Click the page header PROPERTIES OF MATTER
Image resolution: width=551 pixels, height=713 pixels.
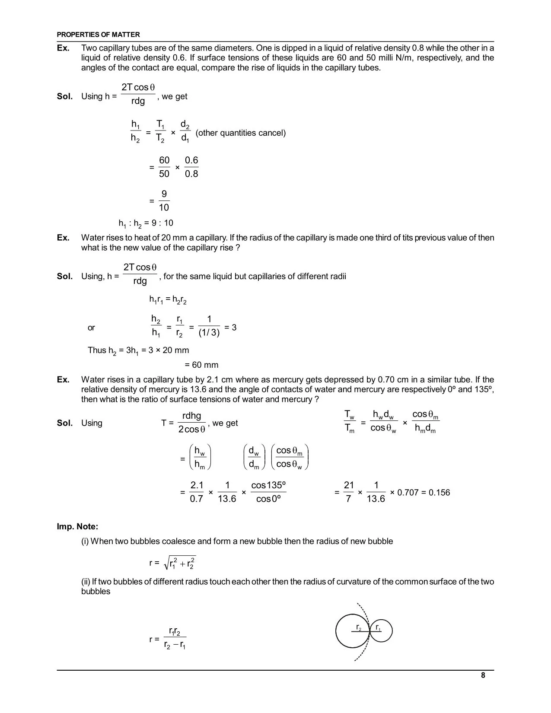click(x=98, y=35)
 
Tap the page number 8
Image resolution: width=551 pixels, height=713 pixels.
click(x=483, y=675)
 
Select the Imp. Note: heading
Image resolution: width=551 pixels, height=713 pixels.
click(x=77, y=526)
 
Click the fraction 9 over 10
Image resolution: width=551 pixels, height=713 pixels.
click(x=164, y=201)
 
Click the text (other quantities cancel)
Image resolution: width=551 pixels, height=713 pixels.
click(x=241, y=133)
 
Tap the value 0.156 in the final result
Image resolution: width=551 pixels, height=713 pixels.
click(x=439, y=493)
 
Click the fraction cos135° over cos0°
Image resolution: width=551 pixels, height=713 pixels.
click(x=268, y=492)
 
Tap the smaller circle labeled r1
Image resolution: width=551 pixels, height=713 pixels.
click(x=381, y=632)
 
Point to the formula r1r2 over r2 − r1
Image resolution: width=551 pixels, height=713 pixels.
click(x=175, y=639)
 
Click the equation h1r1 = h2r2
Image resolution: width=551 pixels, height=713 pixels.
click(x=168, y=299)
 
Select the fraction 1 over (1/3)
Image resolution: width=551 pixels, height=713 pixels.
click(x=209, y=326)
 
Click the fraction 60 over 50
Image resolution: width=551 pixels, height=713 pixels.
click(x=164, y=167)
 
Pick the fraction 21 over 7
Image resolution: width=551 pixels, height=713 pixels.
click(x=348, y=492)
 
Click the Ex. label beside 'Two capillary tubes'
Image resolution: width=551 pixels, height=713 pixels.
click(x=63, y=48)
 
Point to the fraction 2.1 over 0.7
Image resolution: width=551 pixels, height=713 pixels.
click(x=197, y=492)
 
